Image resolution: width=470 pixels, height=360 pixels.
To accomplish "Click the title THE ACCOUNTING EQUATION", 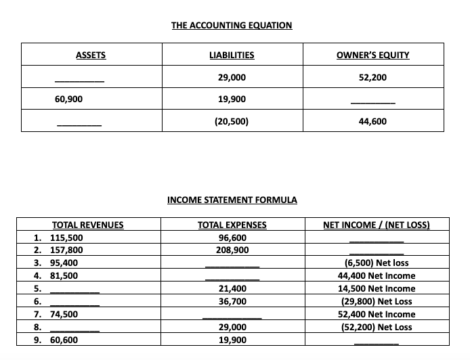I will coord(232,26).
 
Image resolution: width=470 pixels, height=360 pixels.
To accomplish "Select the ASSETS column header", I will coord(90,55).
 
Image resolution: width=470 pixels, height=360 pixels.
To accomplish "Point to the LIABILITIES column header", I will coord(232,55).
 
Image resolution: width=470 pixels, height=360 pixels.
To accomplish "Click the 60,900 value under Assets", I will coord(68,99).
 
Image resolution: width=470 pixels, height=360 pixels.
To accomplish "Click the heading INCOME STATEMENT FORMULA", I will coord(232,200).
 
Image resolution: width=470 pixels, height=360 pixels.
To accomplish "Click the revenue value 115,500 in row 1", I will coord(66,238).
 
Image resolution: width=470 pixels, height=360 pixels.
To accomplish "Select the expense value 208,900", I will coord(232,250).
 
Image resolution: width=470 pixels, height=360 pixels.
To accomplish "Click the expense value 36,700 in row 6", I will coord(232,301).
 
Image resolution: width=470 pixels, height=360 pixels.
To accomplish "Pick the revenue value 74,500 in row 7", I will coord(64,314).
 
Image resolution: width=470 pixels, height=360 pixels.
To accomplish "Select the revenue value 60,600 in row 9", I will coord(64,340).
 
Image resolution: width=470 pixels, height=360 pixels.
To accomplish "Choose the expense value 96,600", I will coord(232,238).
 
